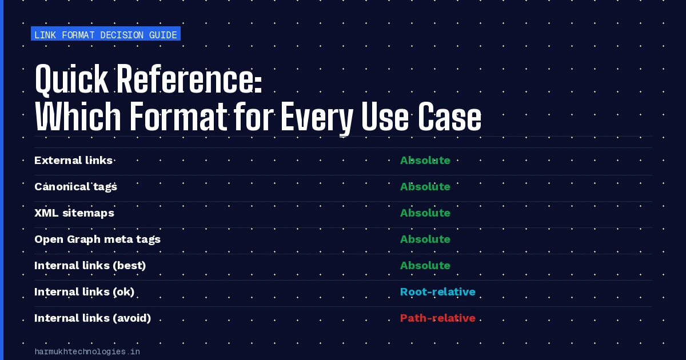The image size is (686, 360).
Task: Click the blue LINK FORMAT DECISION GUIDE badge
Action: coord(106,34)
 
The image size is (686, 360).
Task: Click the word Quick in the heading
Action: coord(71,79)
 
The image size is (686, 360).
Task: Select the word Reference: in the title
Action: coord(190,79)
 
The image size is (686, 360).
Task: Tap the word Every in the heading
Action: coord(317,117)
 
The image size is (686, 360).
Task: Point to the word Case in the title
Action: coord(449,117)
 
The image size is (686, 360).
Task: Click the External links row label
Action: coord(74,161)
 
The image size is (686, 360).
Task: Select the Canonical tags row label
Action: coord(75,187)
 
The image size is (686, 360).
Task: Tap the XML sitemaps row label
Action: coord(74,213)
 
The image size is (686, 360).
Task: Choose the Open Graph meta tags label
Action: coord(97,239)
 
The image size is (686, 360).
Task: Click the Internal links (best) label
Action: coord(90,265)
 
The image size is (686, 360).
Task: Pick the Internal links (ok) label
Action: coord(84,292)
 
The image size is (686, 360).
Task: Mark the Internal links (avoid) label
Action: coord(93,318)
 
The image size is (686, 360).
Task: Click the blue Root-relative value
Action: coord(438,292)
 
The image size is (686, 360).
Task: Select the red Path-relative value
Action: coord(438,318)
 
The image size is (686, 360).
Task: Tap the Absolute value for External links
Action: coord(425,161)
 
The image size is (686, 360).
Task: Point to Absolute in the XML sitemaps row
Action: coord(425,213)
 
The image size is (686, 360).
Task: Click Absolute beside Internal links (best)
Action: coord(425,265)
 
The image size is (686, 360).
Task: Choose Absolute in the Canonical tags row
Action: coord(425,187)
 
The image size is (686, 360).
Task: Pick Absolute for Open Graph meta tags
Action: coord(425,239)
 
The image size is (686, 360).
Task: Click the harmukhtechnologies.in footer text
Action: coord(87,352)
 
